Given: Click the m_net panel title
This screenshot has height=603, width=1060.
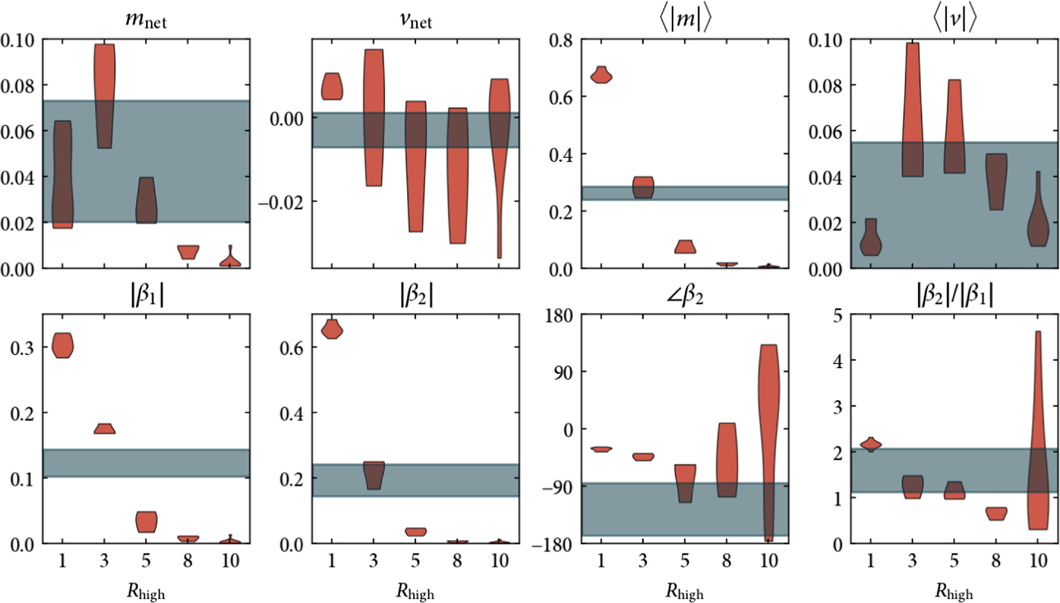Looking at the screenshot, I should [146, 21].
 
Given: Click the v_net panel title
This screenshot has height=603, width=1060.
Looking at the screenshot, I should [415, 21].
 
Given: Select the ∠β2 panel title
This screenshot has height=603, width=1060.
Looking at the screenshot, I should [685, 296].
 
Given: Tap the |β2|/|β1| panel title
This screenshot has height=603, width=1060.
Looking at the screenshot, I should [954, 296].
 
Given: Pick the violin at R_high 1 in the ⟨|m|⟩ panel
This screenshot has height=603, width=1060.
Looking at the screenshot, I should [601, 76].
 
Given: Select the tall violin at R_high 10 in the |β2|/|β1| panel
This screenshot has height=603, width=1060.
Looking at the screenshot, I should [1038, 430].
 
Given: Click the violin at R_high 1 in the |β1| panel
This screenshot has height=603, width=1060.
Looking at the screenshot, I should [62, 346].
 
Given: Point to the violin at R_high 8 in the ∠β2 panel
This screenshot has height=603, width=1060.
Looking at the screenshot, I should [726, 460].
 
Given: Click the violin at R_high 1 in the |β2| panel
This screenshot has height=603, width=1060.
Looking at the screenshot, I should [332, 330].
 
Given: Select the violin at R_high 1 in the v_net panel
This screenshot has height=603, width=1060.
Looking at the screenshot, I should [332, 87].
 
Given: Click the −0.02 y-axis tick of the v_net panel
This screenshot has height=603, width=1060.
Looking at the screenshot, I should [280, 202].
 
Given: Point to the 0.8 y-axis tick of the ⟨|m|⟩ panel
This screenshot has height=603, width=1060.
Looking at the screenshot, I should [561, 40].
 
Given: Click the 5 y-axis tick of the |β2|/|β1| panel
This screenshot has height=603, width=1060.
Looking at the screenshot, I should [838, 315].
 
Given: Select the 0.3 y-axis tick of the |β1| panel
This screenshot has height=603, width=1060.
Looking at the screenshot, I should [23, 348].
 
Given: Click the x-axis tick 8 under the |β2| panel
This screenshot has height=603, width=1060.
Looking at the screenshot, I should [457, 560].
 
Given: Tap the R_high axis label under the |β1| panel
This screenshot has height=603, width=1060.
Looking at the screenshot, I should [146, 592].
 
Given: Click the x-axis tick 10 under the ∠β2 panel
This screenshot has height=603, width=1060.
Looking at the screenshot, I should [768, 560].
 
